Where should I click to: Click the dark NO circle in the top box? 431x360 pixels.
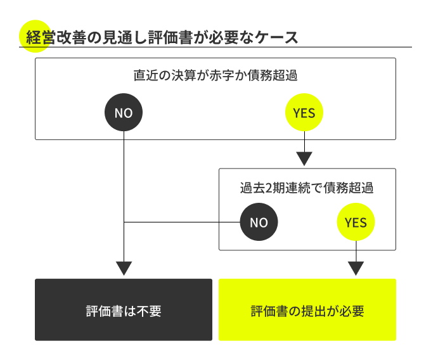point(124,113)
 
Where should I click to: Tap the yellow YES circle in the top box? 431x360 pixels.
point(305,113)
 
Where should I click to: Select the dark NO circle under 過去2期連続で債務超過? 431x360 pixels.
point(259,222)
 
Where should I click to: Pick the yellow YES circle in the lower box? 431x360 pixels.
point(356,222)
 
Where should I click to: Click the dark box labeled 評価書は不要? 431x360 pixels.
point(124,310)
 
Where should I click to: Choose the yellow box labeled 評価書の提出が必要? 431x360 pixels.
point(307,310)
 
